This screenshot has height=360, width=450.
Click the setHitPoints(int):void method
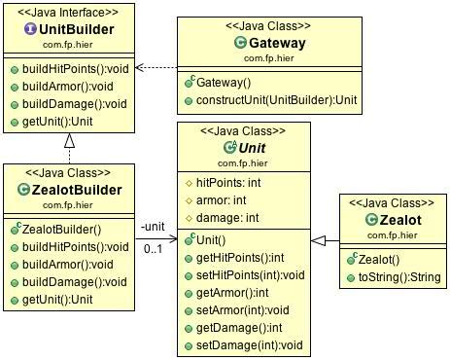click(251, 275)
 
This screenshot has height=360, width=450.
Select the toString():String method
click(394, 277)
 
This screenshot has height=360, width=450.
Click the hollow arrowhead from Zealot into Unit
click(318, 239)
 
